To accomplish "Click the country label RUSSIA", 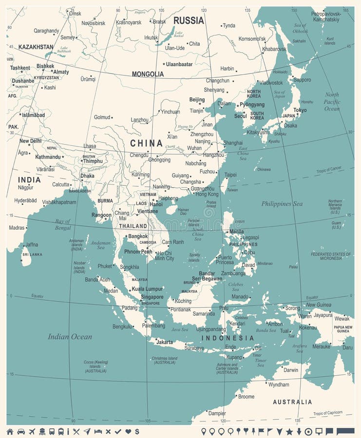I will [x=189, y=20].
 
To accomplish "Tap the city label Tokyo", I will [x=300, y=110].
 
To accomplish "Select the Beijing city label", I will [x=197, y=100].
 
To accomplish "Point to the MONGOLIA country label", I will [x=148, y=74].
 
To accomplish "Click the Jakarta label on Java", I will [x=165, y=342].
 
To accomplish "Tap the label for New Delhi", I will [x=30, y=141].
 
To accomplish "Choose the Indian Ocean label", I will [x=70, y=337].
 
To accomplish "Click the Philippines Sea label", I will [x=282, y=204].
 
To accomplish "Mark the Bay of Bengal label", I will [x=63, y=224].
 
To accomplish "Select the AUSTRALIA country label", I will [x=292, y=402].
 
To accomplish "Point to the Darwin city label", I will [x=291, y=370].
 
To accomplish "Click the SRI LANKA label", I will [x=32, y=254].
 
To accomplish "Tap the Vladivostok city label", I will [x=271, y=83].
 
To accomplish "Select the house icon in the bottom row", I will [x=10, y=431].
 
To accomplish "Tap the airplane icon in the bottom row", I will [x=33, y=431].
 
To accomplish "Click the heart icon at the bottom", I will [x=128, y=431].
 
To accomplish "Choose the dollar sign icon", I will [x=137, y=431].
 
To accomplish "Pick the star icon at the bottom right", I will [x=289, y=431].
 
